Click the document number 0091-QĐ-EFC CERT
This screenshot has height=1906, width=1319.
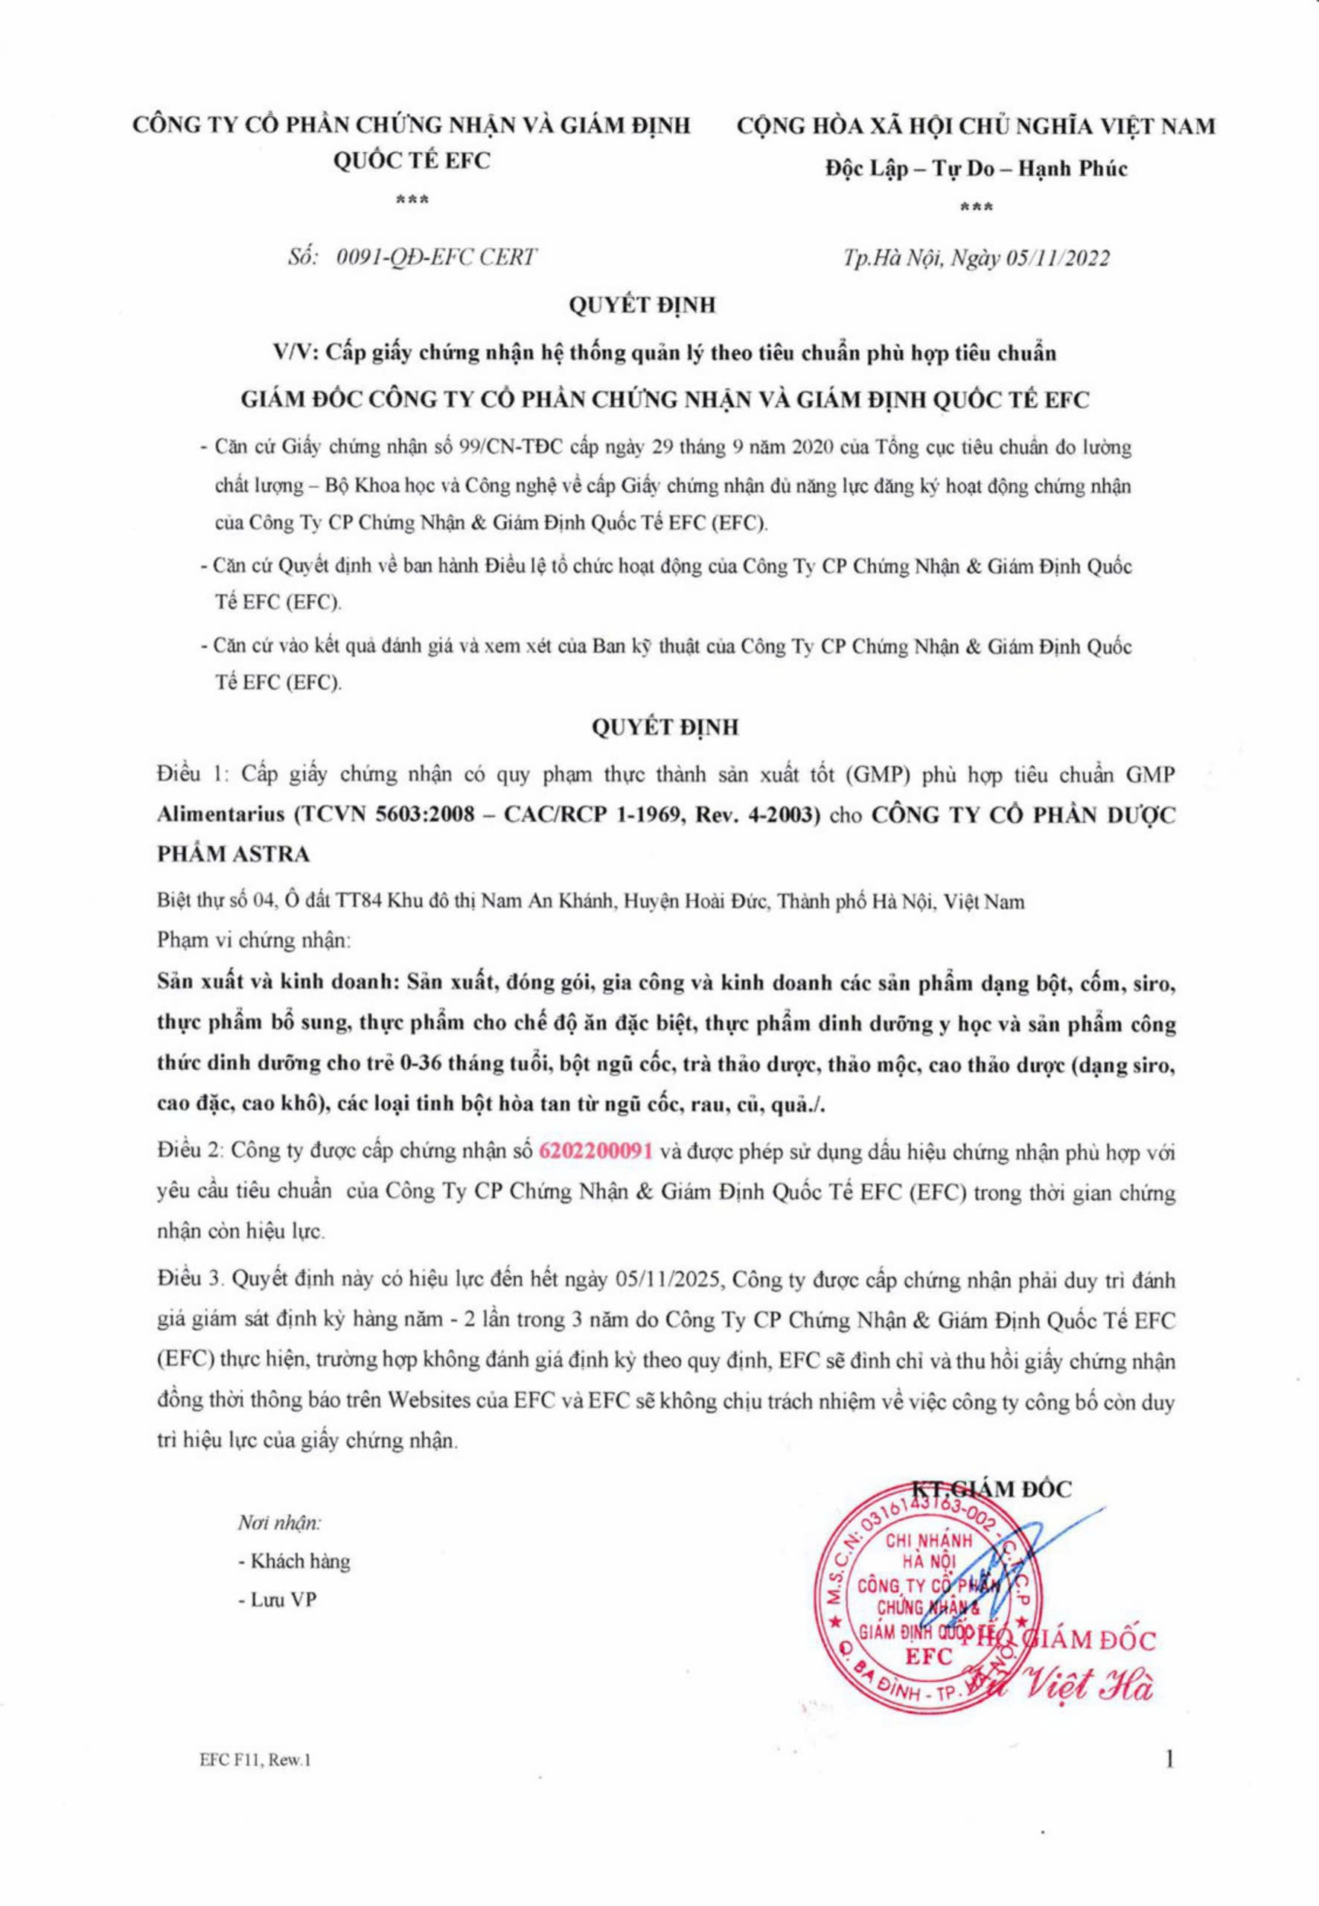pyautogui.click(x=437, y=257)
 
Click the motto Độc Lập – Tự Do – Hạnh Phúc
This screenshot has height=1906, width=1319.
pyautogui.click(x=976, y=168)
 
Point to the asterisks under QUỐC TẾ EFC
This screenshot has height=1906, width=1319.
pyautogui.click(x=412, y=201)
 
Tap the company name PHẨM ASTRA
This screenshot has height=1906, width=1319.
pyautogui.click(x=234, y=854)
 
